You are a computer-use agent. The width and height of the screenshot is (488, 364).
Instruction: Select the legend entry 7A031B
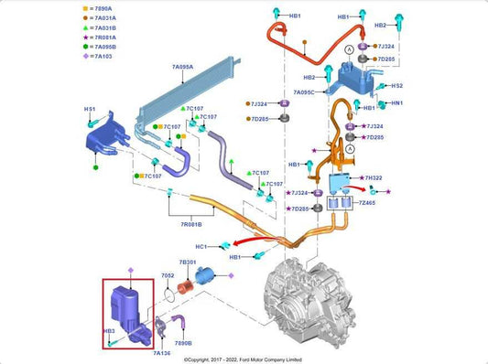(x=41, y=28)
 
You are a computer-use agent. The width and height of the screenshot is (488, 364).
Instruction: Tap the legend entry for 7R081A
(x=41, y=38)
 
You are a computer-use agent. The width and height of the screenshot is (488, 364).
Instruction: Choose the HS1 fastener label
(x=90, y=110)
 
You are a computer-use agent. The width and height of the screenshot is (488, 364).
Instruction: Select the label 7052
(x=168, y=275)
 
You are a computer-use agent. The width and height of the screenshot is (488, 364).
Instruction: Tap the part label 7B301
(x=189, y=262)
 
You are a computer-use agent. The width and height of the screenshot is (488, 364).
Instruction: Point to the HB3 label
(x=108, y=330)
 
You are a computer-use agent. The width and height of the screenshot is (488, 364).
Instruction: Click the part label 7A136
(x=162, y=352)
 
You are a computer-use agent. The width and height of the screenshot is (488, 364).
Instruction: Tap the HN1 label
(x=396, y=103)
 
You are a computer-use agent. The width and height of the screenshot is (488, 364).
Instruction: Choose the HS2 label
(x=396, y=86)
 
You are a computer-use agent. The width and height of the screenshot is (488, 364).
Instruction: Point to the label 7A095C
(x=304, y=92)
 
